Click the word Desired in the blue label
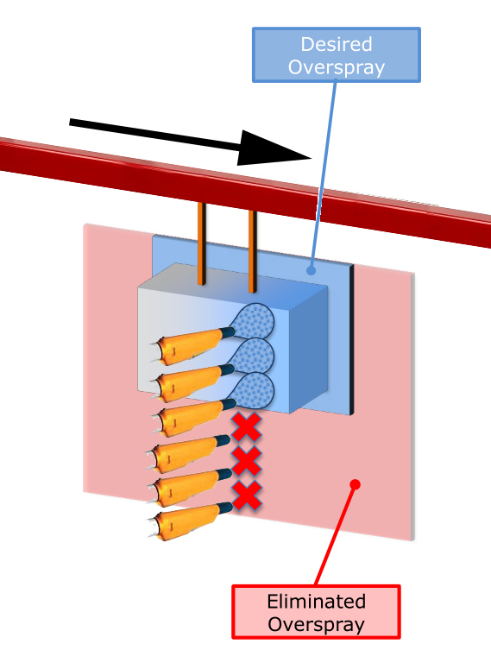click(x=337, y=44)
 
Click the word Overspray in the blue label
click(x=337, y=68)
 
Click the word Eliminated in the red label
click(x=316, y=602)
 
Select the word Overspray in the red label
click(x=316, y=625)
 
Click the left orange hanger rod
click(x=202, y=243)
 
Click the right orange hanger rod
click(x=253, y=251)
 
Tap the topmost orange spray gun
click(x=192, y=345)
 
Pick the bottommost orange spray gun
click(x=190, y=521)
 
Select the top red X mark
click(x=247, y=426)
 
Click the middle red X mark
click(x=247, y=461)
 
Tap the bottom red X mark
click(x=247, y=495)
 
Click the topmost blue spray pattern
click(x=253, y=321)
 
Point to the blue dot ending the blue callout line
click(x=312, y=270)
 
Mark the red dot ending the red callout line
click(x=355, y=484)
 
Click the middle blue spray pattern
click(x=253, y=356)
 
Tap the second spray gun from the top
click(x=192, y=382)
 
